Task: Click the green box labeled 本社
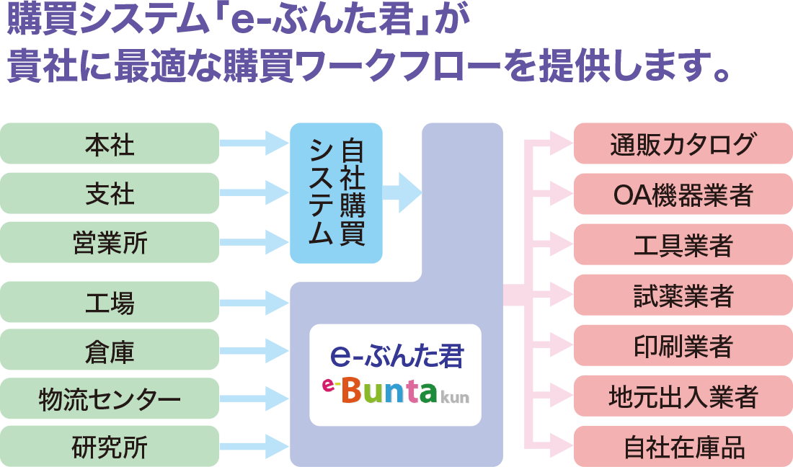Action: pyautogui.click(x=110, y=143)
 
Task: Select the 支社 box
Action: pyautogui.click(x=110, y=193)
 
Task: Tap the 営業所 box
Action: pyautogui.click(x=110, y=242)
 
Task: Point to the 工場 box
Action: pyautogui.click(x=110, y=302)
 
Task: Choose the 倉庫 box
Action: pyautogui.click(x=110, y=350)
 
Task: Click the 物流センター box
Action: pyautogui.click(x=110, y=398)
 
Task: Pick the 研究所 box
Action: pyautogui.click(x=110, y=446)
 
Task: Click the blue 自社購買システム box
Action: pyautogui.click(x=336, y=193)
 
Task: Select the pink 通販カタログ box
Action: pyautogui.click(x=683, y=143)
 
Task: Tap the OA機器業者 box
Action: pyautogui.click(x=683, y=194)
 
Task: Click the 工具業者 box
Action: pyautogui.click(x=683, y=245)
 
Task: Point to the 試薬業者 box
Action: pyautogui.click(x=683, y=295)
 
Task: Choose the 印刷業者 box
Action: pyautogui.click(x=683, y=345)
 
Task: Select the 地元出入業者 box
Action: pyautogui.click(x=683, y=396)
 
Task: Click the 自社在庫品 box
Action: pyautogui.click(x=683, y=446)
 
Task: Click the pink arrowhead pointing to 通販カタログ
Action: pyautogui.click(x=559, y=143)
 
